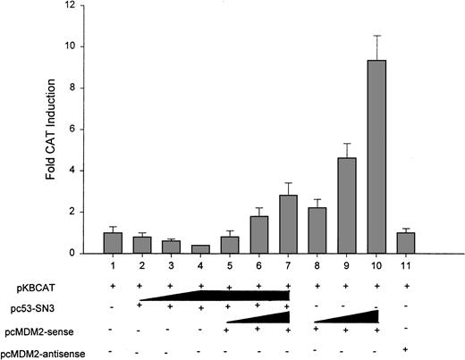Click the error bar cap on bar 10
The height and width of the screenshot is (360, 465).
pos(377,36)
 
